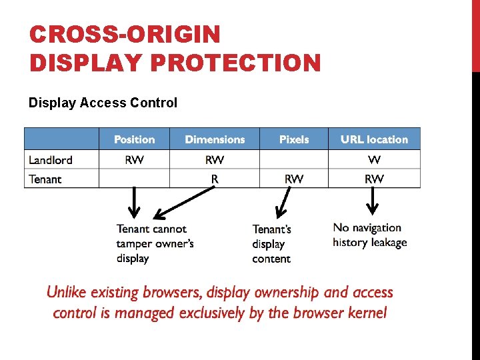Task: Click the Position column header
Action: pos(134,139)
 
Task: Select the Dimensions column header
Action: pos(215,139)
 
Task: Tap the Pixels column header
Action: pos(294,139)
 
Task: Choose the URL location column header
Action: pos(374,139)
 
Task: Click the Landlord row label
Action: pos(51,160)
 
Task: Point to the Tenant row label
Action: pos(45,179)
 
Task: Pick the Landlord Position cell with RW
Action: pos(134,160)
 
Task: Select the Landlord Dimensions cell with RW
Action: pos(215,160)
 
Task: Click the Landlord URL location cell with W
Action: pos(374,160)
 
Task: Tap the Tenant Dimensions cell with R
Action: pos(215,179)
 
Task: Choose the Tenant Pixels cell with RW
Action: pos(294,179)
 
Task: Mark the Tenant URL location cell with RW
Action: pos(374,179)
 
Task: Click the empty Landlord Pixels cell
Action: pos(294,160)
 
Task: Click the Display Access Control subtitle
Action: pos(103,103)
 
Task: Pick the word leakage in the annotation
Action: pos(389,243)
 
